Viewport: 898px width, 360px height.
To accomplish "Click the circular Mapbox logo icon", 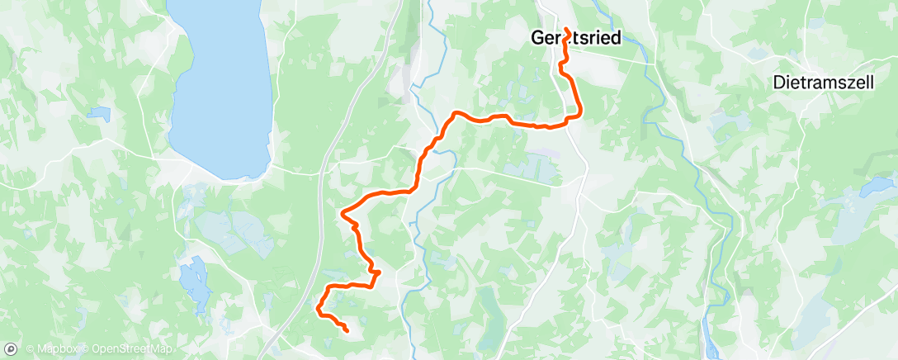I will point(12,351).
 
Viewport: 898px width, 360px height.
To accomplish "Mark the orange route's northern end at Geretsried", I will point(567,31).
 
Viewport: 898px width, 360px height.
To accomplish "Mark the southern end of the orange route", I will point(347,331).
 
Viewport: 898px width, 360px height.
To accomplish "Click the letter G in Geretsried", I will point(536,37).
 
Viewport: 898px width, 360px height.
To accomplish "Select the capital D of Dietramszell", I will point(778,83).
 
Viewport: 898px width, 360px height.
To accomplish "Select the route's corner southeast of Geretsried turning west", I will point(579,116).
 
